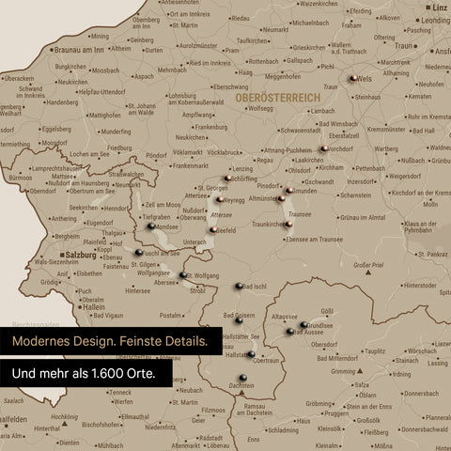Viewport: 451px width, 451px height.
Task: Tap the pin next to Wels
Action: pos(352,80)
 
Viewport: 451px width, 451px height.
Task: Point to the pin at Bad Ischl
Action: pos(237,287)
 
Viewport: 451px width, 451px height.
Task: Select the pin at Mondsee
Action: pos(150,225)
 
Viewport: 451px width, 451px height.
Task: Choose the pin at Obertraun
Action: pos(250,353)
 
